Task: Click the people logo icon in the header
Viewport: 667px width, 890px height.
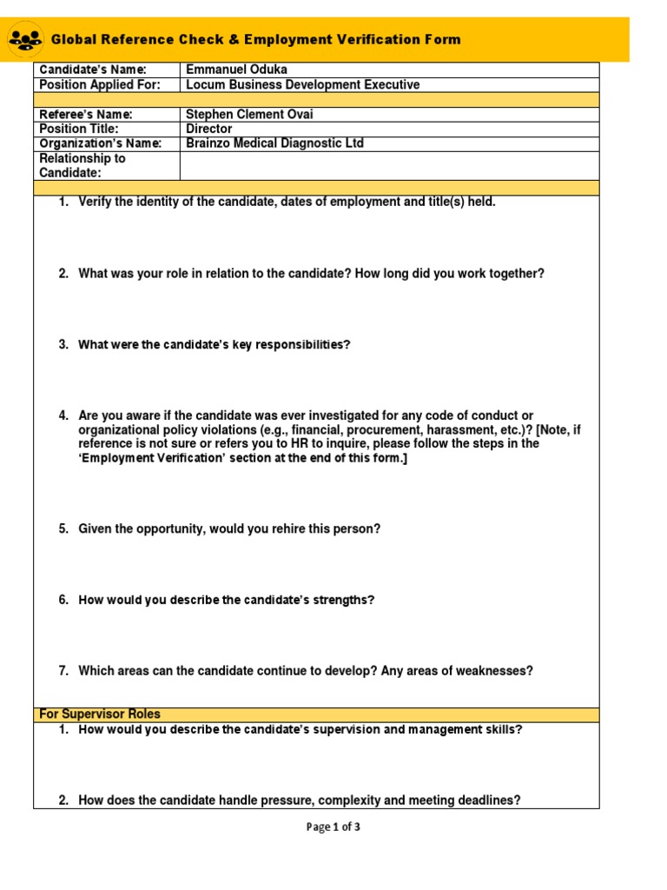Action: pyautogui.click(x=23, y=39)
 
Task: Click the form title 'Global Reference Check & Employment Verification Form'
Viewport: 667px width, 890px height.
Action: pyautogui.click(x=256, y=40)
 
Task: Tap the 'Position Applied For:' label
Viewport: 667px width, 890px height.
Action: pyautogui.click(x=100, y=85)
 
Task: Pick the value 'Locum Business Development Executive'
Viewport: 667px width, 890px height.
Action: pyautogui.click(x=302, y=85)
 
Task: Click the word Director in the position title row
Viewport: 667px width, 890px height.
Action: pyautogui.click(x=209, y=129)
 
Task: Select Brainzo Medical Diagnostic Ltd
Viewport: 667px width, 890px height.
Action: pyautogui.click(x=274, y=143)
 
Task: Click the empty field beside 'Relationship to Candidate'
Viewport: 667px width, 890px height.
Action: pyautogui.click(x=388, y=165)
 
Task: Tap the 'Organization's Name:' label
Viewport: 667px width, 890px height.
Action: pyautogui.click(x=100, y=143)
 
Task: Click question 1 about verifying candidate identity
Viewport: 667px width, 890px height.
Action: pyautogui.click(x=287, y=203)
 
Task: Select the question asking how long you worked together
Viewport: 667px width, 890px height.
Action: pyautogui.click(x=311, y=274)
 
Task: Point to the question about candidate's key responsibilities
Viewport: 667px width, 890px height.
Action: pyautogui.click(x=214, y=345)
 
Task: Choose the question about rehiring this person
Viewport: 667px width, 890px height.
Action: pyautogui.click(x=229, y=529)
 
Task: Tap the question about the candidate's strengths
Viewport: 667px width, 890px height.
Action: pyautogui.click(x=226, y=601)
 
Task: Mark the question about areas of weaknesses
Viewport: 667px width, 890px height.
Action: pyautogui.click(x=306, y=671)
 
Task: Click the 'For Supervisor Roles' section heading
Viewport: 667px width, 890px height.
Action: pyautogui.click(x=100, y=714)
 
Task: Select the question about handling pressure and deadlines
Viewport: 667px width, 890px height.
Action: pyautogui.click(x=299, y=800)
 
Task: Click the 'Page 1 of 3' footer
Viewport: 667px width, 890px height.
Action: pyautogui.click(x=333, y=827)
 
